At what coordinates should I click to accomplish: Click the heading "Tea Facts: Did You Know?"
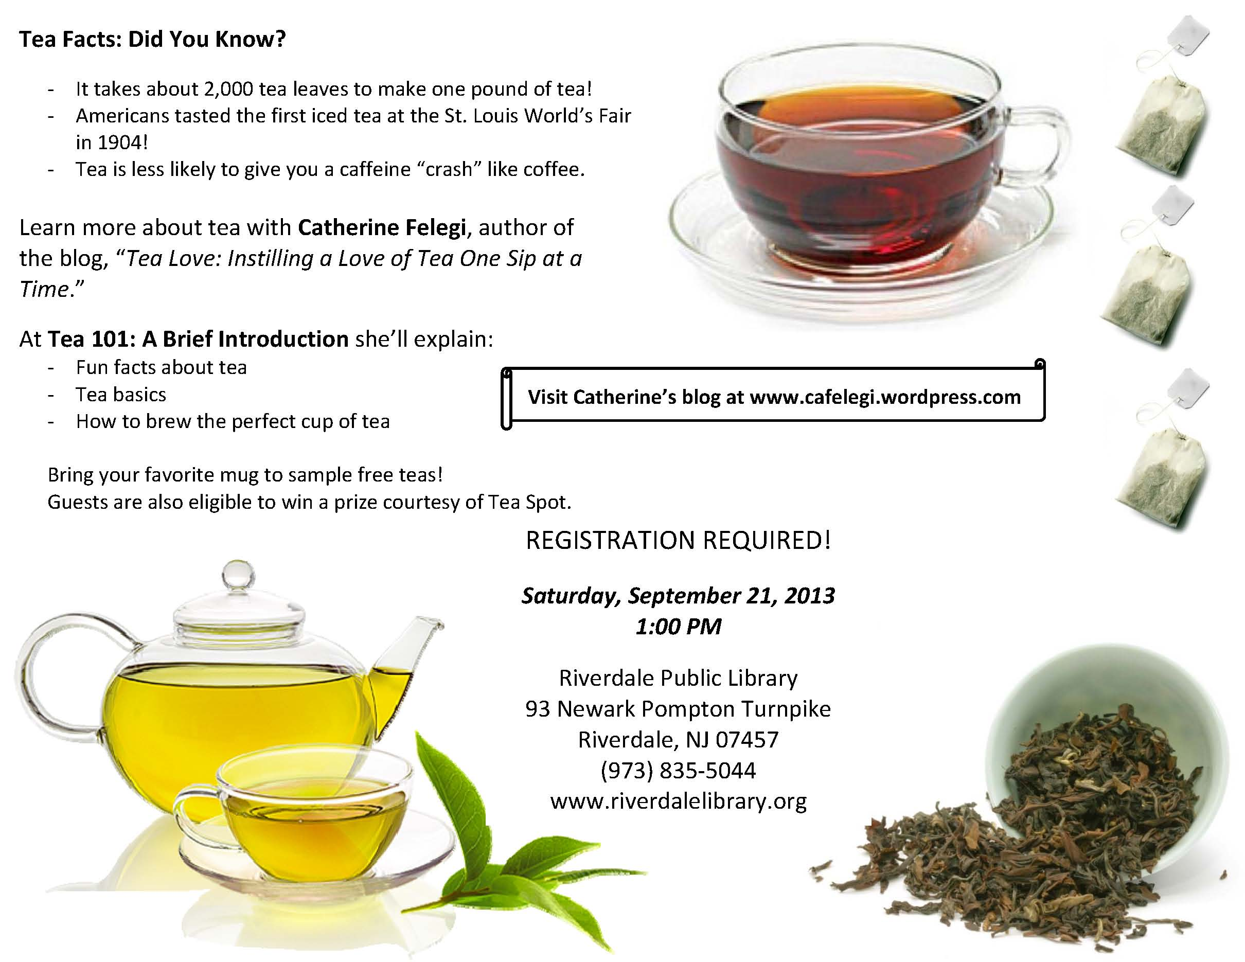[x=152, y=39]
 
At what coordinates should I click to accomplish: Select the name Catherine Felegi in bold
[x=382, y=227]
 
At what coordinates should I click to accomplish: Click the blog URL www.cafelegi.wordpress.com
[x=885, y=397]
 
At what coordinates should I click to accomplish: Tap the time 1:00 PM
[x=679, y=626]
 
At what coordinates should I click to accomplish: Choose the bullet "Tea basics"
[x=121, y=395]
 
